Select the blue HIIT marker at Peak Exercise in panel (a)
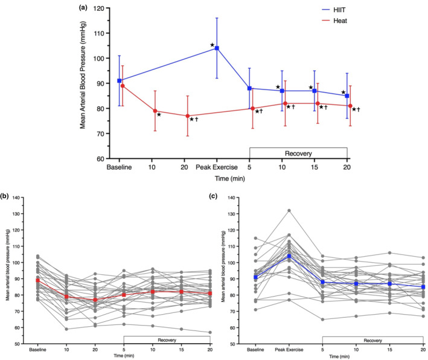pos(217,48)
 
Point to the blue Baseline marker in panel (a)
pos(120,80)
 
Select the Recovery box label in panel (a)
pos(298,153)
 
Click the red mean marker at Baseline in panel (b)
pos(38,280)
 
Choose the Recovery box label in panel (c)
pos(372,340)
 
